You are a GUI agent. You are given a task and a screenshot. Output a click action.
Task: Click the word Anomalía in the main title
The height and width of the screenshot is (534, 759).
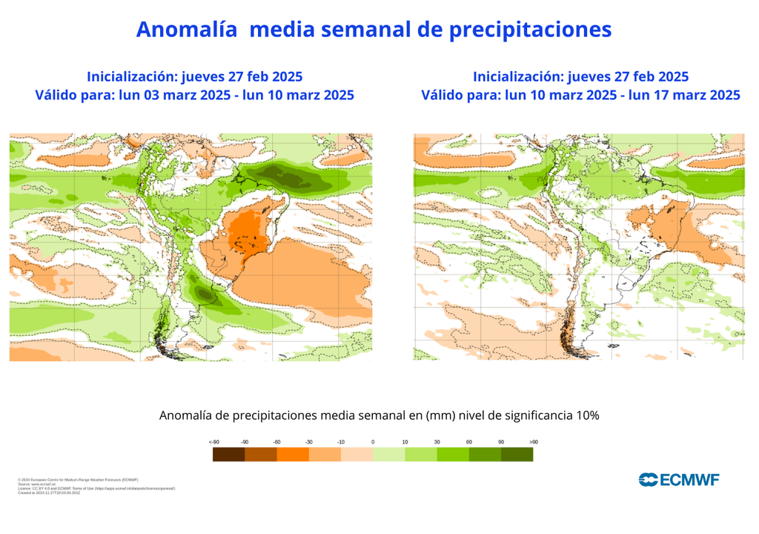pyautogui.click(x=186, y=29)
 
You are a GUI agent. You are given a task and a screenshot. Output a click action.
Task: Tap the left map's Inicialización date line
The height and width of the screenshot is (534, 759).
pyautogui.click(x=194, y=76)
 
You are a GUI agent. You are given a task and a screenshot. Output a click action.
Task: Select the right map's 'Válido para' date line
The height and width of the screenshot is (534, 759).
pyautogui.click(x=580, y=95)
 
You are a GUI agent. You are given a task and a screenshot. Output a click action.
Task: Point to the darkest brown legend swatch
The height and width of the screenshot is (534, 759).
pyautogui.click(x=228, y=455)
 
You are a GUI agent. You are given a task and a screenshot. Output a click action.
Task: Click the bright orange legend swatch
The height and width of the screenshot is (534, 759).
pyautogui.click(x=292, y=455)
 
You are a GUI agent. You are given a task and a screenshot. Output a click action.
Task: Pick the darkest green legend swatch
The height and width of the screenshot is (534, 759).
pyautogui.click(x=517, y=455)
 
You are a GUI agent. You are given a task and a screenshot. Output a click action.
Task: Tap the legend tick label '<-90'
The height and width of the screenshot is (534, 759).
pyautogui.click(x=213, y=442)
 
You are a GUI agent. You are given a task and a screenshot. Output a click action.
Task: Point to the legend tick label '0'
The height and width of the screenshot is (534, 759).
pyautogui.click(x=373, y=442)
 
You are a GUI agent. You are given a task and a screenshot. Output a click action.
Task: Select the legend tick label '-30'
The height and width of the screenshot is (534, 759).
pyautogui.click(x=308, y=442)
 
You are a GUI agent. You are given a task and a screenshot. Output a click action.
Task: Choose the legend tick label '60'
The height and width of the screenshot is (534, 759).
pyautogui.click(x=468, y=442)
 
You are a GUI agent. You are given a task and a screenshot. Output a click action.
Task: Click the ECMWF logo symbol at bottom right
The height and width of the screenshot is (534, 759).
pyautogui.click(x=648, y=479)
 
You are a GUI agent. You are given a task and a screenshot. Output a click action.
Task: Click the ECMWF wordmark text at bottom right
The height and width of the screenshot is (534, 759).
pyautogui.click(x=689, y=479)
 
